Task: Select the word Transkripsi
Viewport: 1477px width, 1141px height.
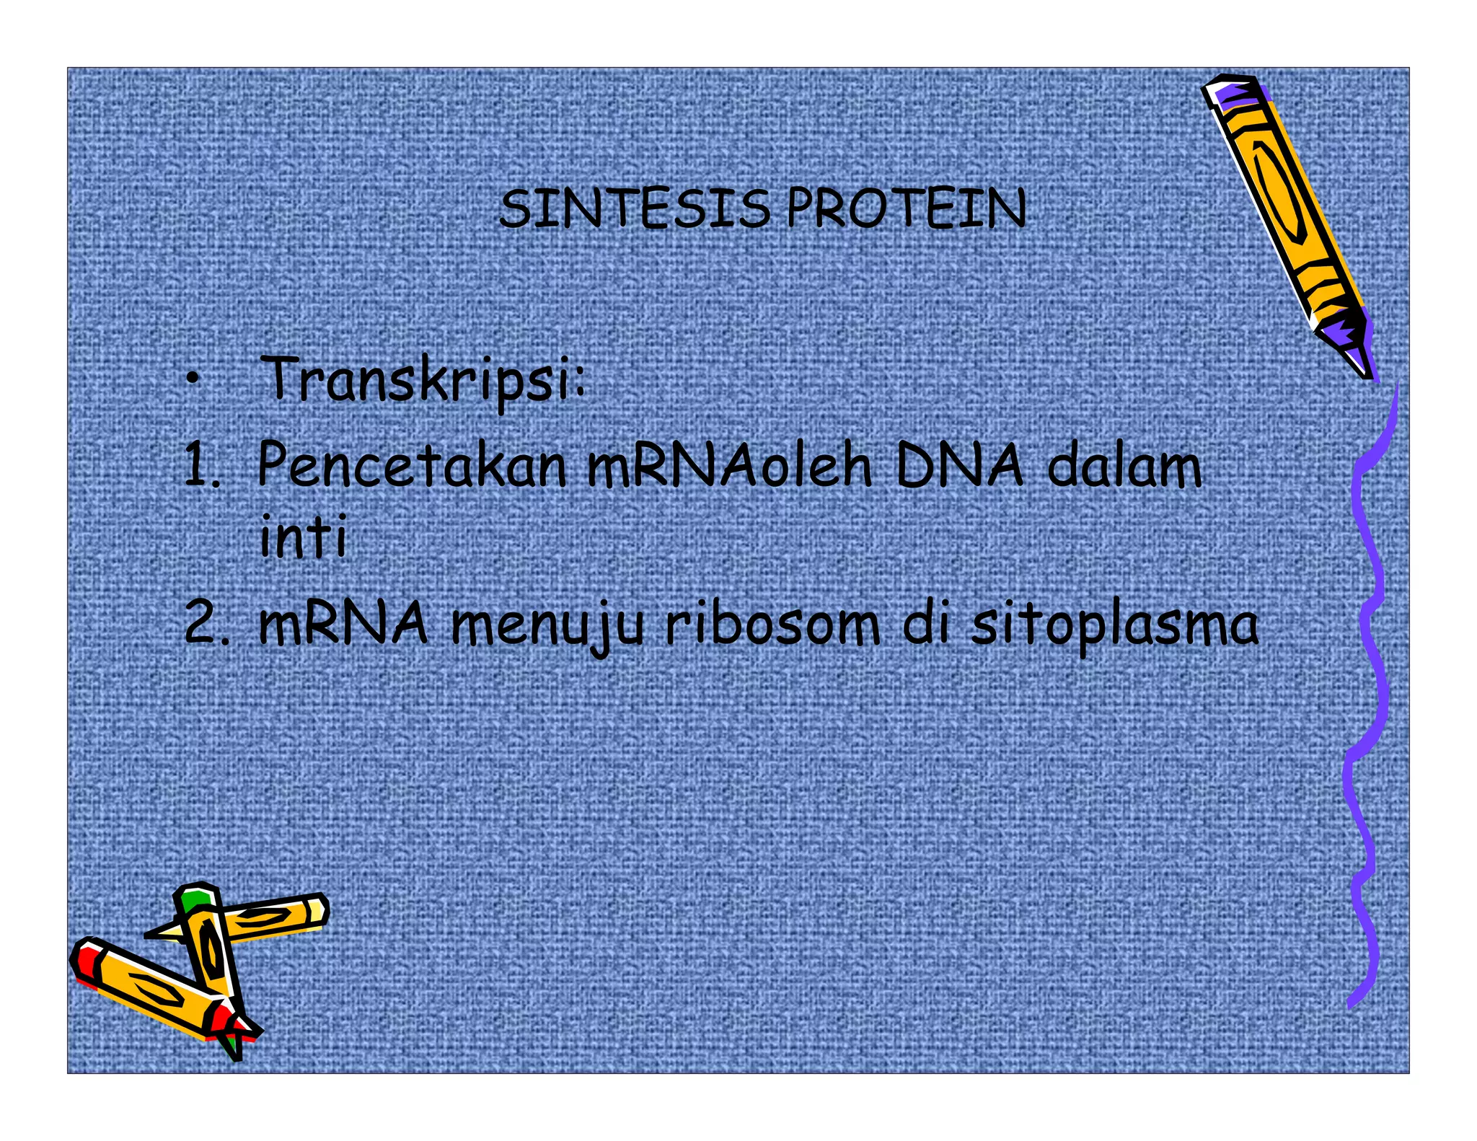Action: pyautogui.click(x=423, y=381)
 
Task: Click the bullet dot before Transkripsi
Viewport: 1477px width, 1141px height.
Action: pyautogui.click(x=191, y=380)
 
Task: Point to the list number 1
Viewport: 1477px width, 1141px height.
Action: pyautogui.click(x=200, y=466)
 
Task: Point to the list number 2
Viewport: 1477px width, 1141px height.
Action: pyautogui.click(x=206, y=624)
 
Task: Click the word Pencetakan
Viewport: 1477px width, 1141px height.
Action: pyautogui.click(x=412, y=466)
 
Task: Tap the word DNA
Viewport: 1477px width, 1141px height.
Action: pyautogui.click(x=958, y=466)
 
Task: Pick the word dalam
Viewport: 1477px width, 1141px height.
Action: pyautogui.click(x=1124, y=466)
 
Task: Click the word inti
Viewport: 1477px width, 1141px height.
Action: pyautogui.click(x=303, y=537)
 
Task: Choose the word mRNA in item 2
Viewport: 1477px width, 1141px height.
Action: pyautogui.click(x=343, y=624)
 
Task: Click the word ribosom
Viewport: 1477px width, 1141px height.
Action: pyautogui.click(x=772, y=624)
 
